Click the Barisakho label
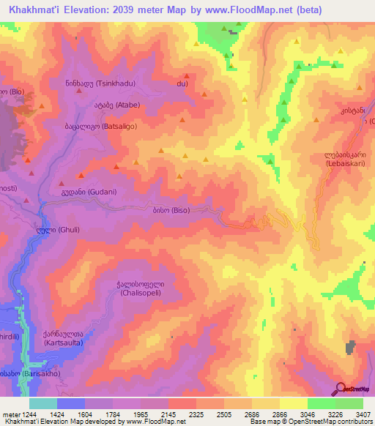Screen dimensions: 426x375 pos(21,373)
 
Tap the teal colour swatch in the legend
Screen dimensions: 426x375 pos(42,403)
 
